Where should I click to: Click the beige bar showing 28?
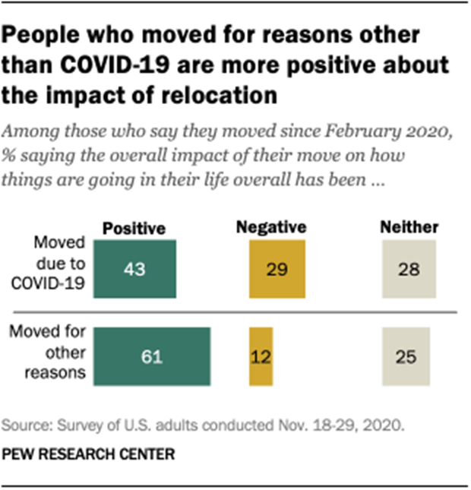point(409,269)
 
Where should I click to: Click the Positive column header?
point(134,228)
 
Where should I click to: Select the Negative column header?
point(271,227)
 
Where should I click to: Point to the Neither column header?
point(408,227)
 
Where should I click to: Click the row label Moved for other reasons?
point(58,353)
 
